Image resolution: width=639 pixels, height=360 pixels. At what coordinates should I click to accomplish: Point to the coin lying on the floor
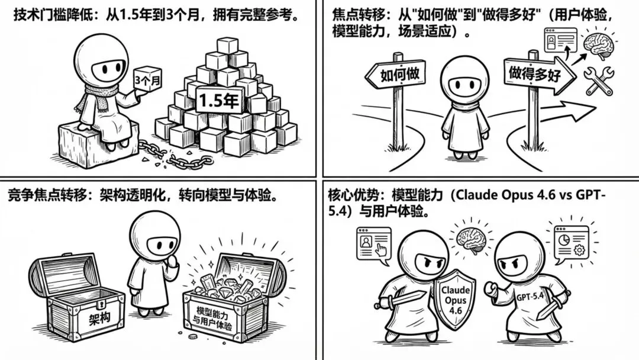click(192, 337)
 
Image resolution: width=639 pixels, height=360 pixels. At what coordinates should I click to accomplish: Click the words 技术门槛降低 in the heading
click(53, 15)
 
